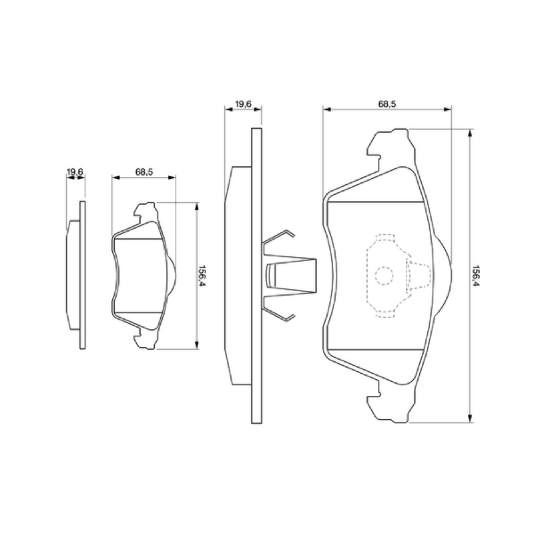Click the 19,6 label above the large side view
(x=243, y=103)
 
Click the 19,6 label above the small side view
(x=75, y=172)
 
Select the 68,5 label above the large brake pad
(x=387, y=104)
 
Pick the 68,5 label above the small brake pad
(x=144, y=172)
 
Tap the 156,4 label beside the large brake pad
(x=476, y=276)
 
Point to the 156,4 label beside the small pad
(x=203, y=276)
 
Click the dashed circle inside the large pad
(x=384, y=275)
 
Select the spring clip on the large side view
(x=290, y=275)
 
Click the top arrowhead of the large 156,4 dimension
(x=470, y=133)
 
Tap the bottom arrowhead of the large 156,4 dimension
(x=470, y=419)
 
